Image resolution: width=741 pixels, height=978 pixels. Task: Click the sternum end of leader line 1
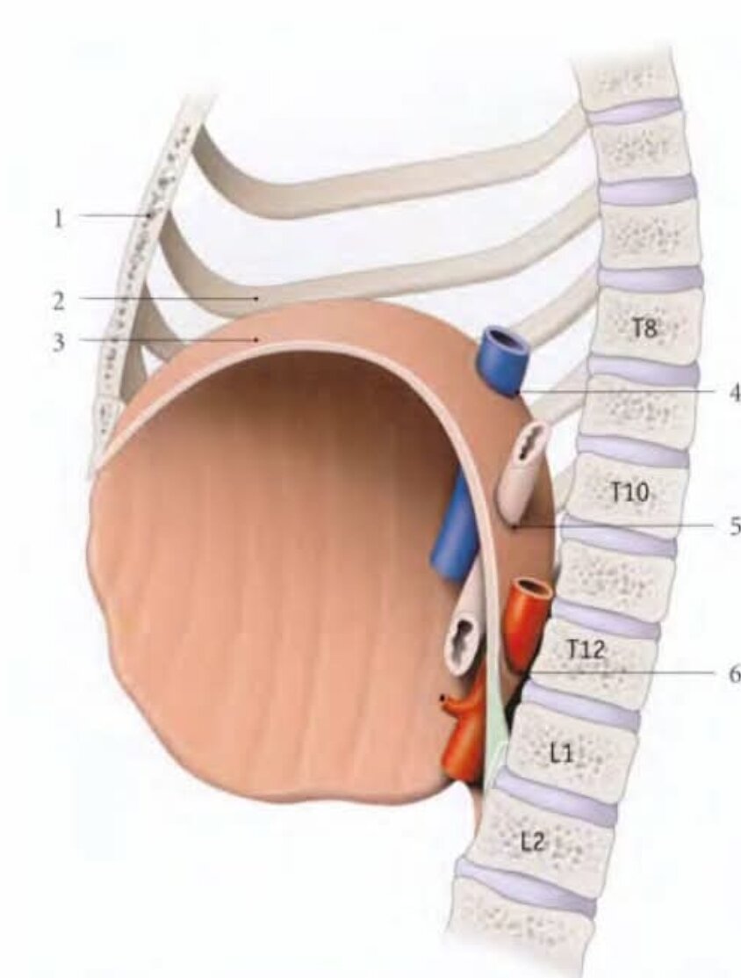pos(151,215)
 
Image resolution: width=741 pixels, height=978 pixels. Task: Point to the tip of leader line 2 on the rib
pos(256,298)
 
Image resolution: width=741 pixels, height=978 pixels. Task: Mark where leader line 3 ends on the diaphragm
pos(256,340)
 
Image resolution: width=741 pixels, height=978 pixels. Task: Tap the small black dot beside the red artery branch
pos(442,698)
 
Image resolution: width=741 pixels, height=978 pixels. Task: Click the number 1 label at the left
pos(58,218)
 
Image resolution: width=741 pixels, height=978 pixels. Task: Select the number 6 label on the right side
pos(733,674)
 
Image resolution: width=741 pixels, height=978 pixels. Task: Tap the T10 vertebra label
pos(629,493)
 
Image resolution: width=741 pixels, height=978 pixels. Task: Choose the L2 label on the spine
pos(534,843)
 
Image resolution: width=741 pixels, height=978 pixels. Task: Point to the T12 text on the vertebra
pos(586,650)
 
